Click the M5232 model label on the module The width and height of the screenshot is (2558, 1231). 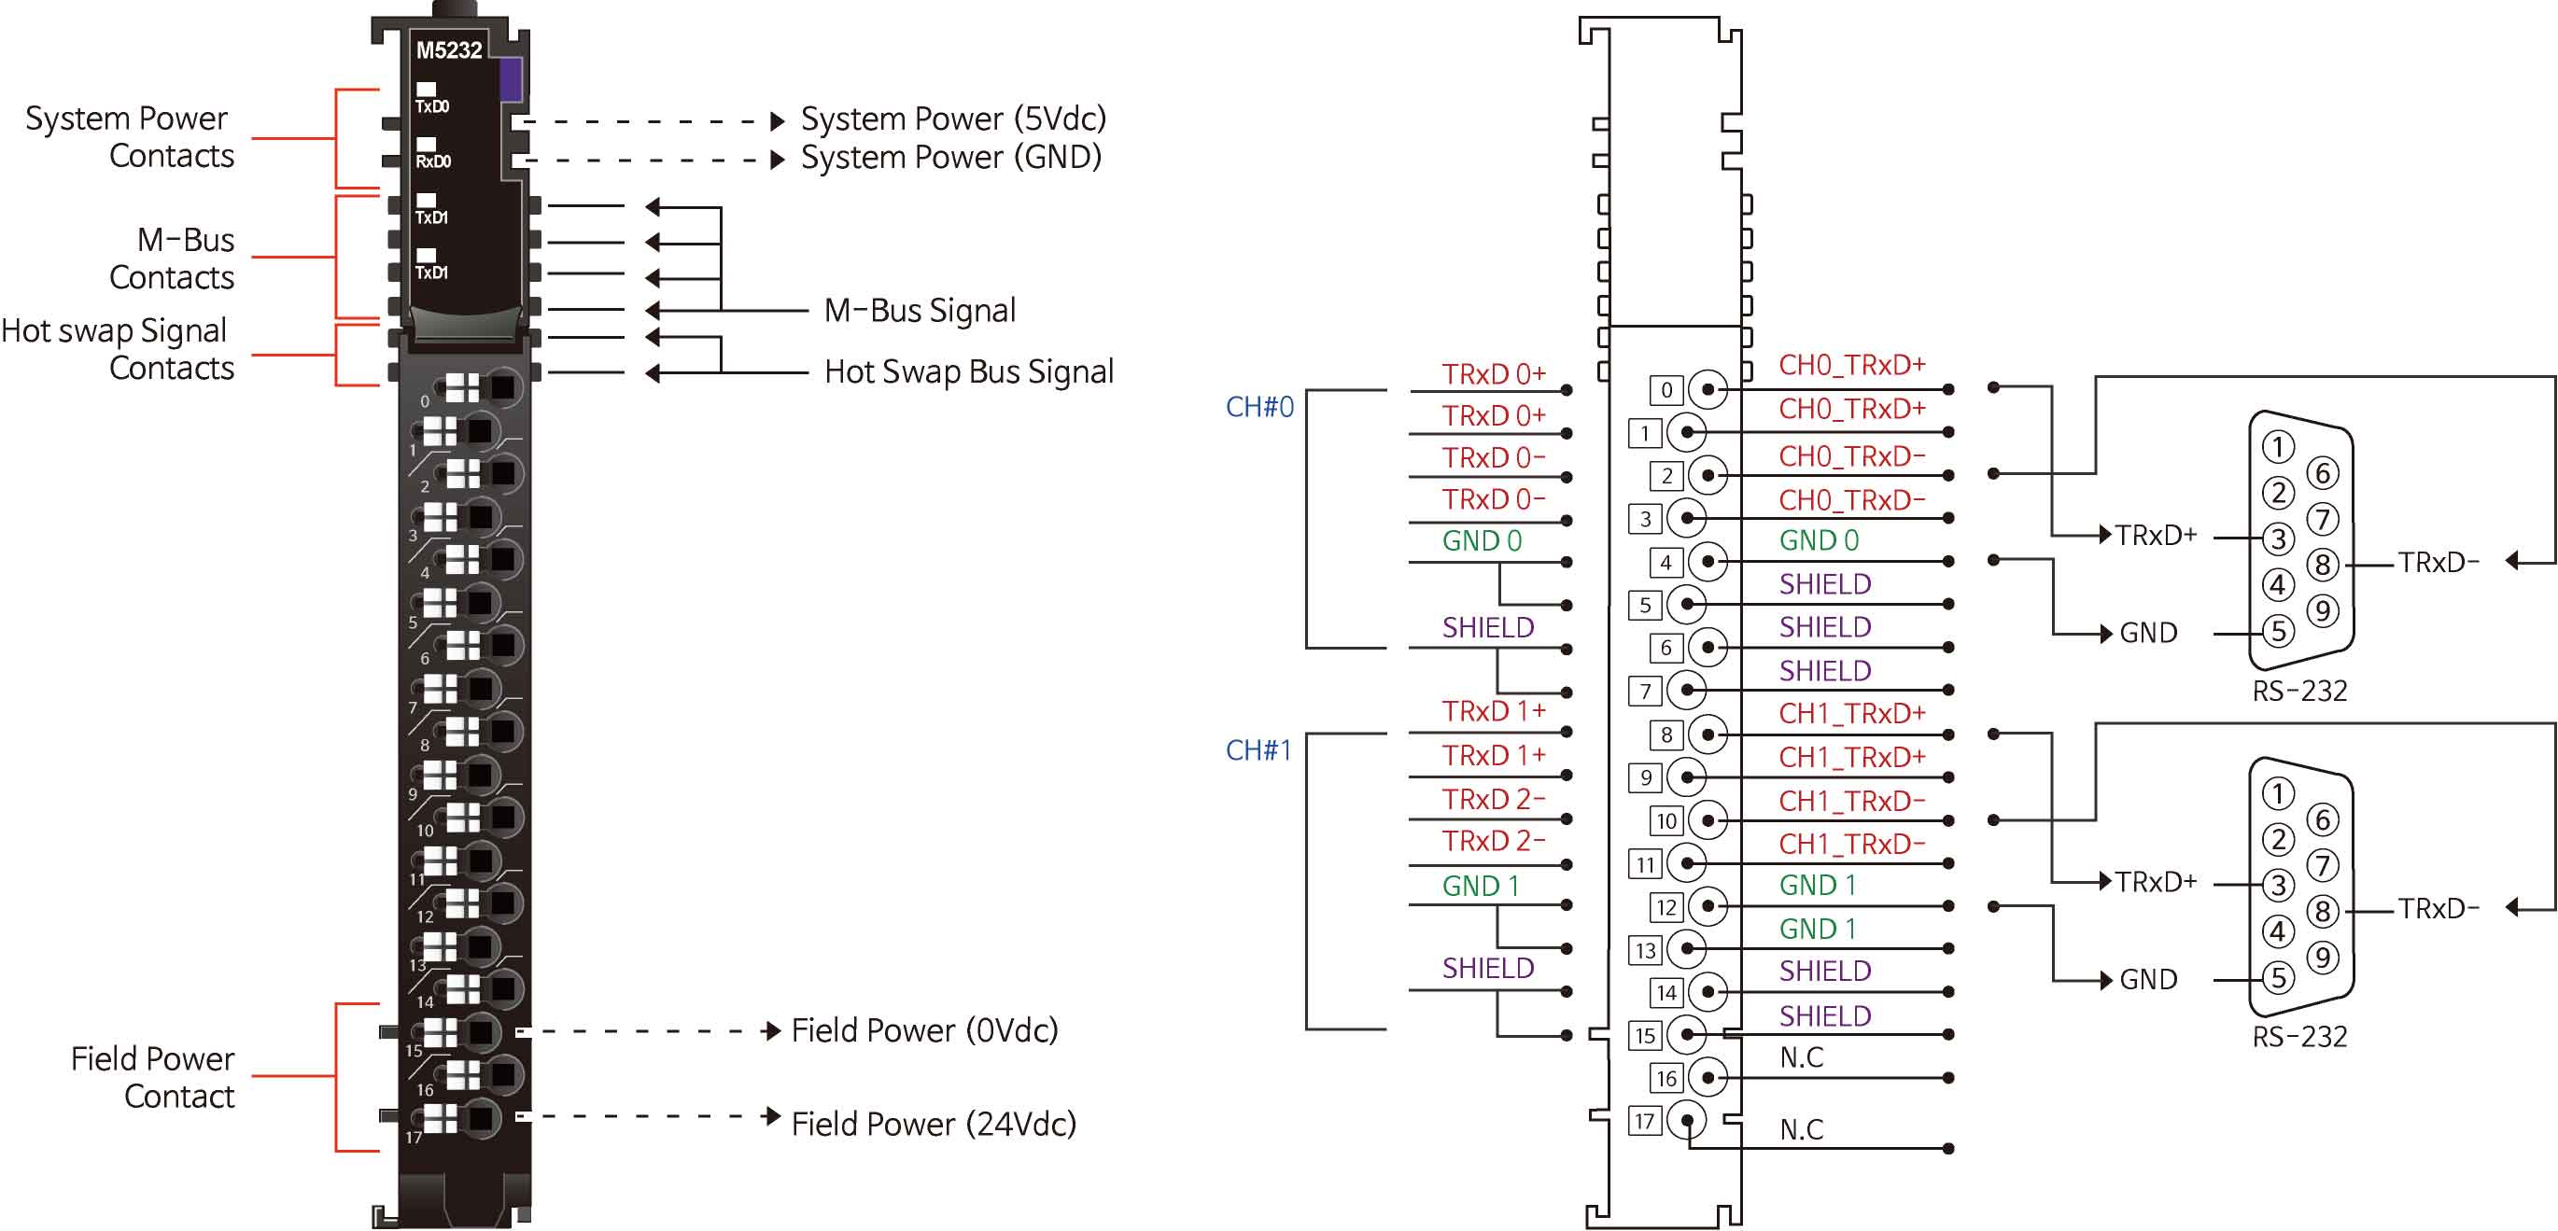pyautogui.click(x=449, y=49)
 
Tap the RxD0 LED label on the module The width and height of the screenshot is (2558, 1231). pyautogui.click(x=433, y=161)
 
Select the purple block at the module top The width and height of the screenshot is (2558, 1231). pyautogui.click(x=511, y=79)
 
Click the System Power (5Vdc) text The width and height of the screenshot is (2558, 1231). pyautogui.click(x=953, y=119)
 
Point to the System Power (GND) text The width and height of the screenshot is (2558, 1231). pyautogui.click(x=951, y=157)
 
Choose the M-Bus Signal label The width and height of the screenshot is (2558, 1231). pyautogui.click(x=920, y=311)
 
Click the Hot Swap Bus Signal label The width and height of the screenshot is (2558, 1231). pyautogui.click(x=968, y=371)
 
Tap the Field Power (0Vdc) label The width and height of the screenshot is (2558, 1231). pyautogui.click(x=924, y=1030)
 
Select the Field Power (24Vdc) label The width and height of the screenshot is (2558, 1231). pyautogui.click(x=934, y=1124)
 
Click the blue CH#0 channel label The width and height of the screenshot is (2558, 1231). pyautogui.click(x=1259, y=407)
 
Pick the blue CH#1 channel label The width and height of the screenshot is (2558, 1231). pyautogui.click(x=1258, y=749)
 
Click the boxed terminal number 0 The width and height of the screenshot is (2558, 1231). pyautogui.click(x=1666, y=390)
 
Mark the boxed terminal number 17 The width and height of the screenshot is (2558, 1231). pyautogui.click(x=1644, y=1122)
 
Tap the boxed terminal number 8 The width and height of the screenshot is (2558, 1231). pyautogui.click(x=1666, y=734)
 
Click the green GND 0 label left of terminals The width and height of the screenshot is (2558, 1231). pyautogui.click(x=1482, y=541)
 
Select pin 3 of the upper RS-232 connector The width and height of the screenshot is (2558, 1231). pyautogui.click(x=2278, y=539)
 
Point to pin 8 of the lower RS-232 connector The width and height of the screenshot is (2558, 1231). pyautogui.click(x=2322, y=910)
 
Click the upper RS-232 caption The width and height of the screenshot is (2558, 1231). pyautogui.click(x=2298, y=691)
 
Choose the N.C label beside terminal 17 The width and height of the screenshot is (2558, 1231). pyautogui.click(x=1801, y=1130)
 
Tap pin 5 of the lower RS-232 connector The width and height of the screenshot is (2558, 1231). pyautogui.click(x=2278, y=978)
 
